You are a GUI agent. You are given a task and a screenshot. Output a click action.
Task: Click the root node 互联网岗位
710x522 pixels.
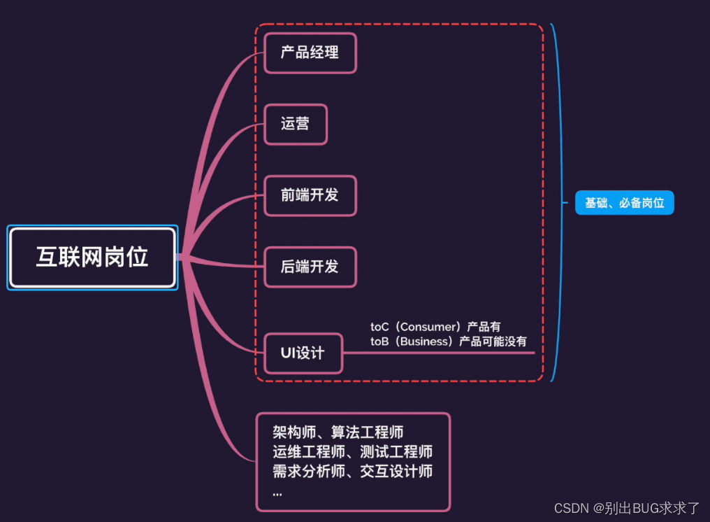(92, 258)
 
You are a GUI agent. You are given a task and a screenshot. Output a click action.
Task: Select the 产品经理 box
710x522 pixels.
(310, 52)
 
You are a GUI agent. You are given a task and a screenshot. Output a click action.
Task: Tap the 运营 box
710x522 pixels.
(295, 124)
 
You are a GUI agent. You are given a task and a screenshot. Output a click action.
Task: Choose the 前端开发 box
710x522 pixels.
(310, 195)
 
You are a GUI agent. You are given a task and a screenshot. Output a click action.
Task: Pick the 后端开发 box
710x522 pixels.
(310, 267)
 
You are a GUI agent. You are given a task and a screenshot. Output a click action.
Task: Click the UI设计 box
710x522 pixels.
(303, 353)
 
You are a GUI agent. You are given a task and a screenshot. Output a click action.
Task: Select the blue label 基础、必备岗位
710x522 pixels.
(624, 203)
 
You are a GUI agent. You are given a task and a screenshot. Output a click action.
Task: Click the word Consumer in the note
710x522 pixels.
(427, 327)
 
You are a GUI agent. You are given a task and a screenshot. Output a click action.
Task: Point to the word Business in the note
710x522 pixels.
(426, 341)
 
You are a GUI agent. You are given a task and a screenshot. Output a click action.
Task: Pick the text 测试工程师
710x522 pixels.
(401, 452)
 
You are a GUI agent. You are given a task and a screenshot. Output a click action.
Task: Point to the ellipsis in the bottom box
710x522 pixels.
(278, 491)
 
